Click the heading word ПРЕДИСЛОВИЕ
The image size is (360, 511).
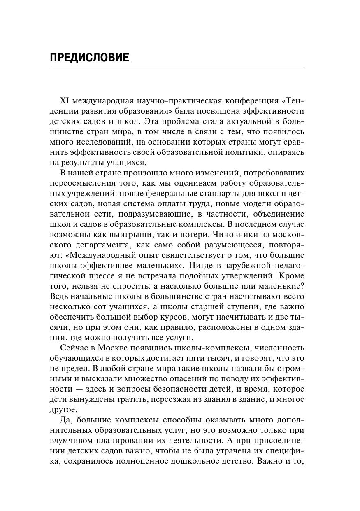(x=89, y=58)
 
